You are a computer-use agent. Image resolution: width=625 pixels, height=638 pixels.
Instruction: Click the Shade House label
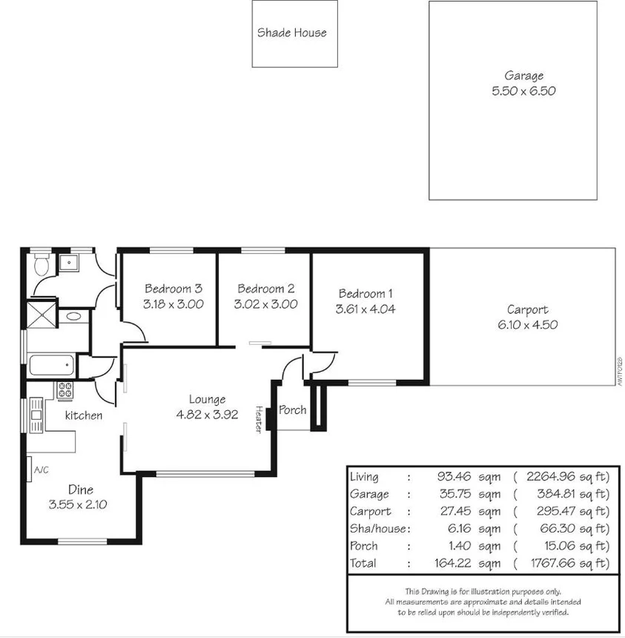(x=291, y=33)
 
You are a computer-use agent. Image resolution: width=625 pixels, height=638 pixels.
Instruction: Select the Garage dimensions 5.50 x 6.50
(x=523, y=91)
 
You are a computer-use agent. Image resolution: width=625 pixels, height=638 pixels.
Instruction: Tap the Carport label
(x=527, y=310)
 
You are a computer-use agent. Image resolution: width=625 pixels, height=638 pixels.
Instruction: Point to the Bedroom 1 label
(x=366, y=294)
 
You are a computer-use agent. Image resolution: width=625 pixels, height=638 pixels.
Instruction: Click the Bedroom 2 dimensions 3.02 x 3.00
(x=265, y=304)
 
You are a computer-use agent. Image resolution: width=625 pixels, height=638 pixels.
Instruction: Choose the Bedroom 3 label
(x=173, y=289)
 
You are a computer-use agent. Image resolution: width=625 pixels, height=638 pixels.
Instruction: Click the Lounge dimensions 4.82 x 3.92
(x=207, y=415)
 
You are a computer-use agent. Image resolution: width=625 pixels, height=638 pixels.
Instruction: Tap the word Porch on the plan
(x=292, y=410)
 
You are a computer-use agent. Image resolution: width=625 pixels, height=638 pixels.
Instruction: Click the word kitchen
(x=84, y=415)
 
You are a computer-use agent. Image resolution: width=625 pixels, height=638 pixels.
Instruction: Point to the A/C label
(x=41, y=470)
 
